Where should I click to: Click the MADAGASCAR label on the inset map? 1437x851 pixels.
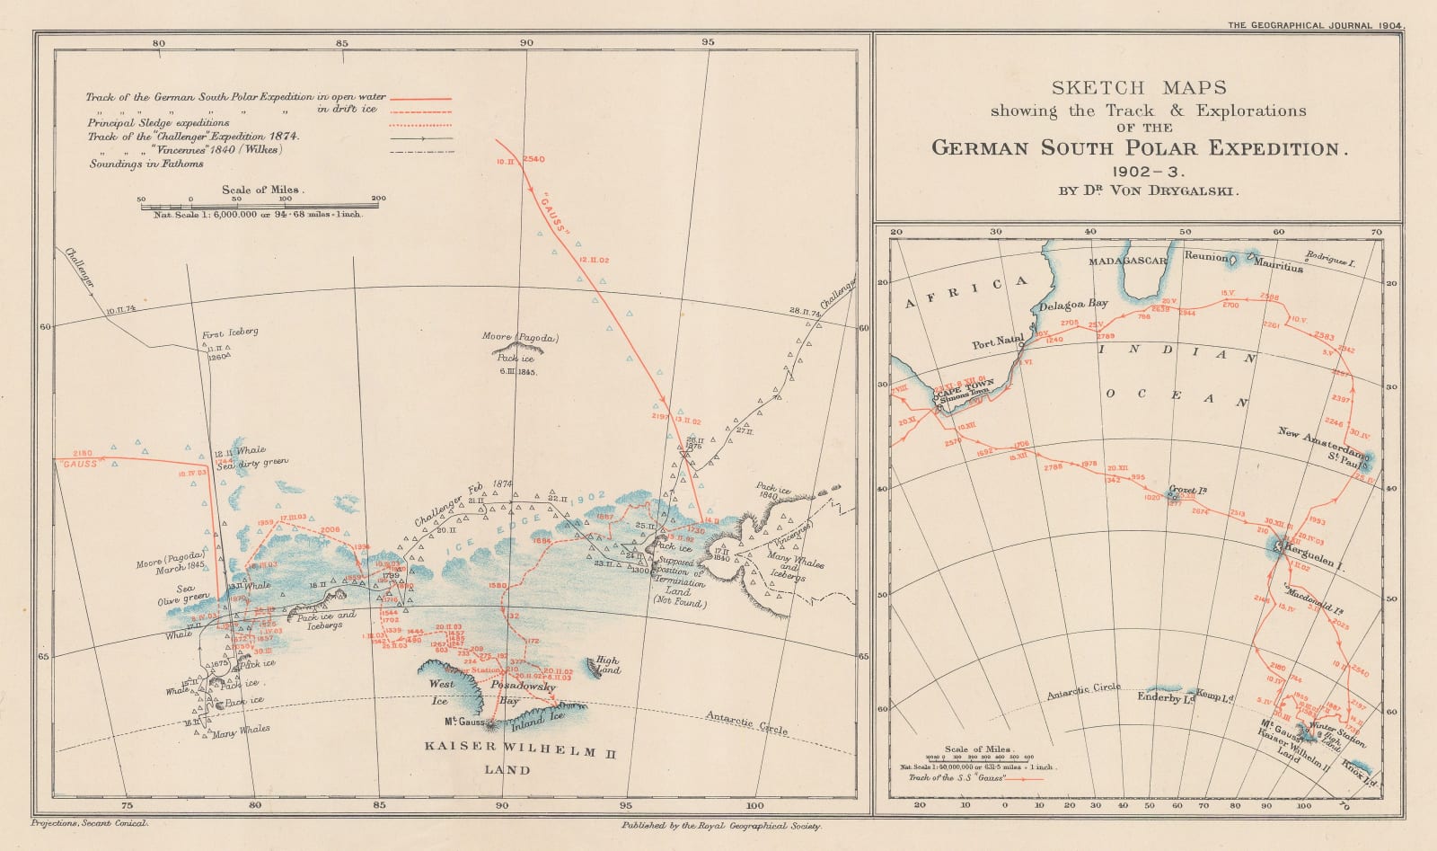click(1128, 261)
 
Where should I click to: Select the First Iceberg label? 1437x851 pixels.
click(230, 332)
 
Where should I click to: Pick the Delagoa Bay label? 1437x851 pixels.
click(1072, 304)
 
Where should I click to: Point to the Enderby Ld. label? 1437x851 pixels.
click(1164, 696)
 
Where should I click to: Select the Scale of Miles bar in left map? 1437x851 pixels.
click(260, 206)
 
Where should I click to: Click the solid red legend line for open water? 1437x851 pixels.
click(419, 97)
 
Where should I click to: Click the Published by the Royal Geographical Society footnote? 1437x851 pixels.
click(720, 824)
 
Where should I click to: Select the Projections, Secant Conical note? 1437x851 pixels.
click(88, 823)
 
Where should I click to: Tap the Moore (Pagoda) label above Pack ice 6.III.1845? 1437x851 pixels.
click(521, 339)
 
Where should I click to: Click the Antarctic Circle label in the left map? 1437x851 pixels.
click(746, 723)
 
